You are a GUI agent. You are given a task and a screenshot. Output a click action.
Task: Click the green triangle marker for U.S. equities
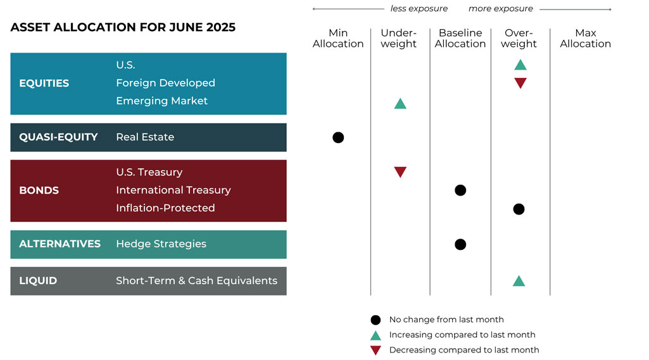click(x=520, y=65)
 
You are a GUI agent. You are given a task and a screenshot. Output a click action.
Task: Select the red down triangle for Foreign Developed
click(x=520, y=83)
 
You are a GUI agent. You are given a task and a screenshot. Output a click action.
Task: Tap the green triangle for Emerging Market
click(x=400, y=103)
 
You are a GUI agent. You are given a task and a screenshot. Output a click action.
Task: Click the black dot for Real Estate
click(x=338, y=137)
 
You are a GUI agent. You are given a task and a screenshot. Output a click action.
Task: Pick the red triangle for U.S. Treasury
click(x=400, y=171)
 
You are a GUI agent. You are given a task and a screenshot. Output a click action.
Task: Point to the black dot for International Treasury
click(x=460, y=190)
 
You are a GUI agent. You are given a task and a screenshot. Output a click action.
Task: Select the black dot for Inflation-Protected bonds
click(x=519, y=209)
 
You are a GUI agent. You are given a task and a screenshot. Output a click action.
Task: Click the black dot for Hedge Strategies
click(x=460, y=244)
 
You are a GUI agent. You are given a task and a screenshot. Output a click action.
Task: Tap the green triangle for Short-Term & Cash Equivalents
click(x=519, y=281)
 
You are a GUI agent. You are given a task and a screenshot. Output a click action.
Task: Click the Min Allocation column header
click(x=338, y=39)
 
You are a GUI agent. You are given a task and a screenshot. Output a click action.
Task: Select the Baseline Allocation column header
click(x=460, y=39)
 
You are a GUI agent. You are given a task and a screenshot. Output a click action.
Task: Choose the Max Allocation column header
click(x=585, y=39)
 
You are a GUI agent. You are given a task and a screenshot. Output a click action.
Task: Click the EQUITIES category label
click(x=44, y=83)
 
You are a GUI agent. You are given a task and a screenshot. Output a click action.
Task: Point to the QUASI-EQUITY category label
click(x=58, y=137)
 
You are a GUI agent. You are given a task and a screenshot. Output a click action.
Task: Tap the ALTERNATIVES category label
click(x=60, y=244)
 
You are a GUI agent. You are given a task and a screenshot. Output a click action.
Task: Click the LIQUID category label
click(x=38, y=281)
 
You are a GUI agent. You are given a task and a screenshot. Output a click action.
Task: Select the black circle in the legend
click(x=375, y=320)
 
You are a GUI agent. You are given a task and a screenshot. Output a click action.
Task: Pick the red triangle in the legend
click(x=375, y=351)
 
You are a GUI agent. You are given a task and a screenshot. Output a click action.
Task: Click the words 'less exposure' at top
click(x=419, y=9)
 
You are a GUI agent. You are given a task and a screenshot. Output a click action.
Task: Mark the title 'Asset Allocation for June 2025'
click(x=123, y=28)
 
